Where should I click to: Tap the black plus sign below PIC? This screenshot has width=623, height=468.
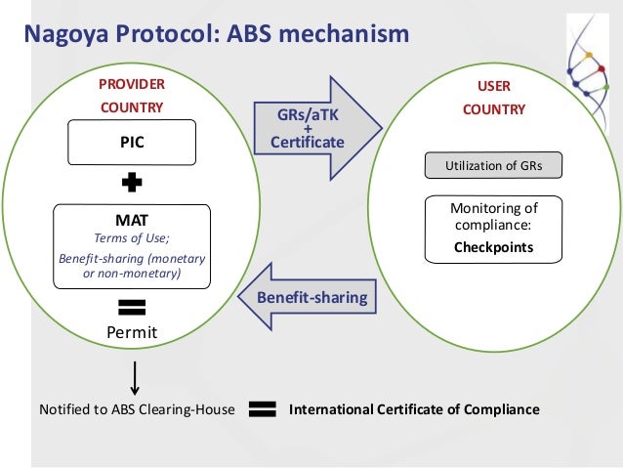pyautogui.click(x=132, y=183)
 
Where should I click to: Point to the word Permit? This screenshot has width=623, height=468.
pyautogui.click(x=132, y=334)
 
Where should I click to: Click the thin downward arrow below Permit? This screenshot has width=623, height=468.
pyautogui.click(x=135, y=376)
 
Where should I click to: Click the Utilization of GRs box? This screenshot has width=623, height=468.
pyautogui.click(x=493, y=166)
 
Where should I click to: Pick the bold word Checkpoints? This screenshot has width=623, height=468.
pyautogui.click(x=493, y=247)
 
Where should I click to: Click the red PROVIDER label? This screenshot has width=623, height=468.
pyautogui.click(x=132, y=85)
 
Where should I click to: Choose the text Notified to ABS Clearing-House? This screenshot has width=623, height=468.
pyautogui.click(x=136, y=409)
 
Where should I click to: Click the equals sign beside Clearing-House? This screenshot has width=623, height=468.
pyautogui.click(x=263, y=409)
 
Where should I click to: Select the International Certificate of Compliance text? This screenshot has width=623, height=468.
pyautogui.click(x=414, y=409)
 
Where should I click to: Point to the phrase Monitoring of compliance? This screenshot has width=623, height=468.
pyautogui.click(x=493, y=217)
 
